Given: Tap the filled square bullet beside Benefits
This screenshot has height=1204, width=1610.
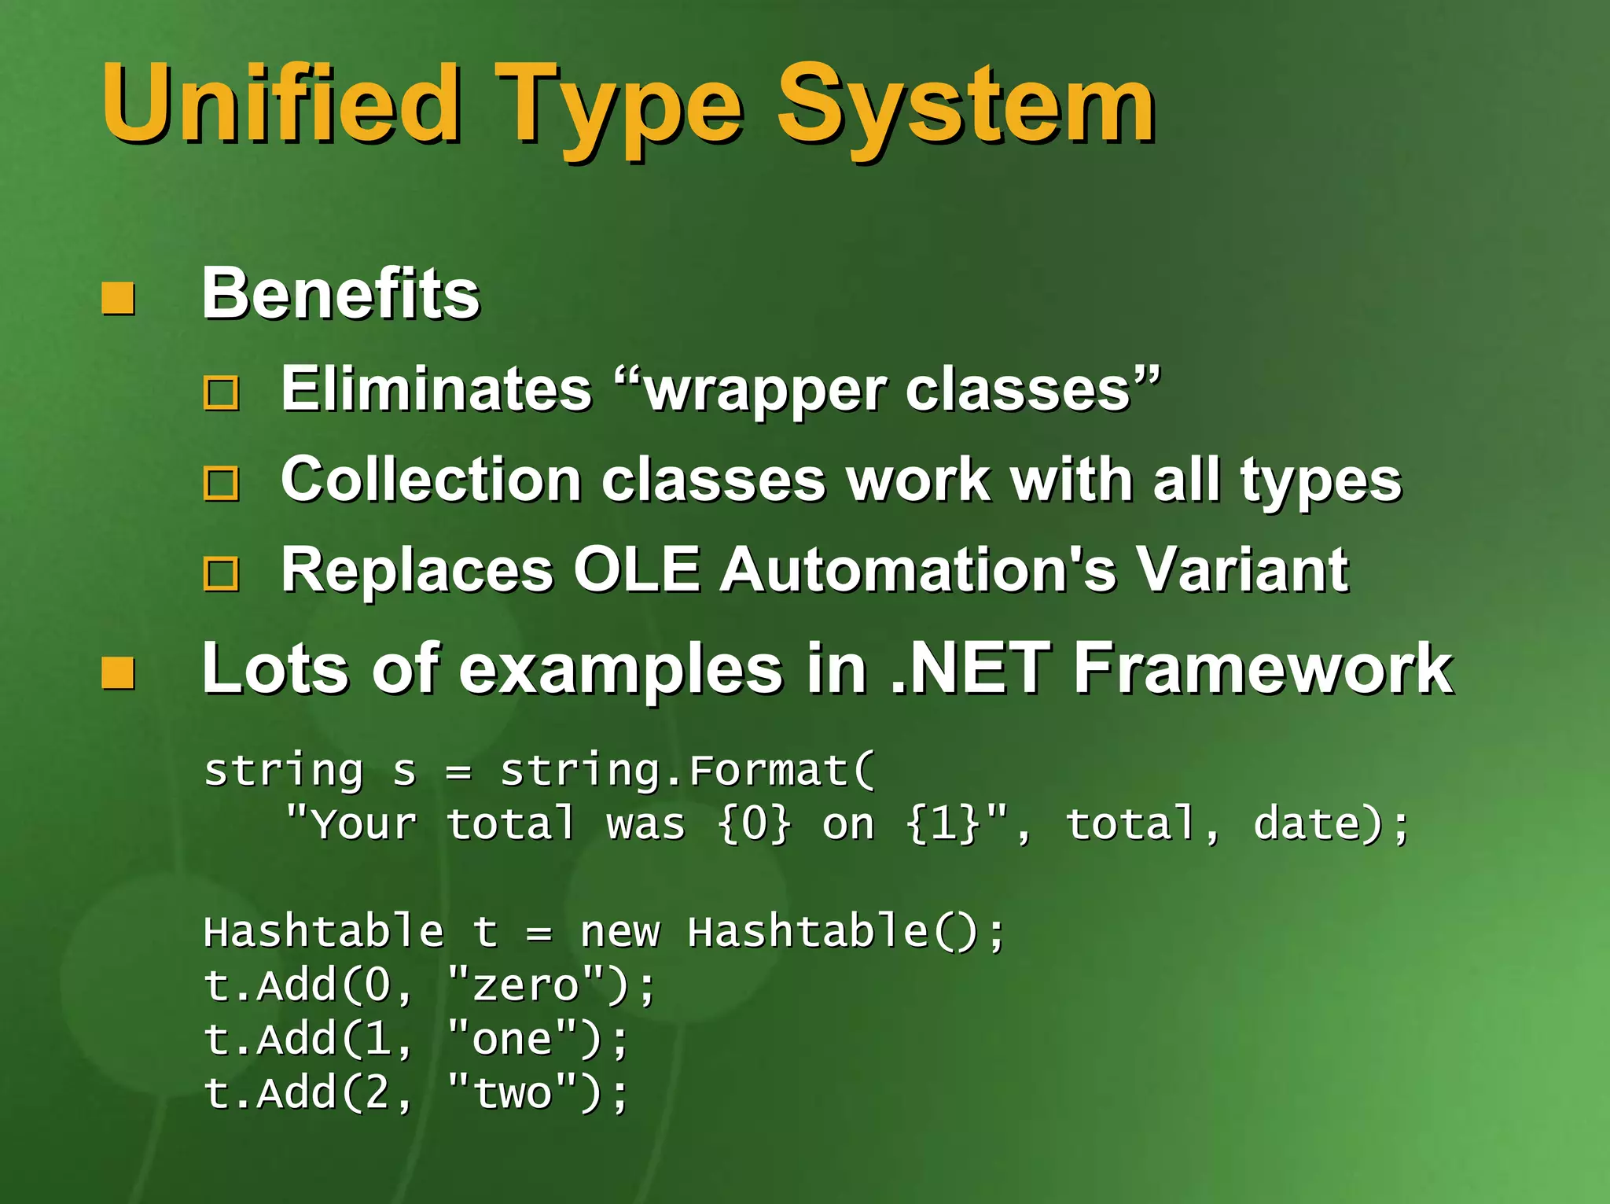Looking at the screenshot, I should click(x=118, y=298).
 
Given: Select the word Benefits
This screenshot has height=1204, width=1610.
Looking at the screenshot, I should click(x=340, y=293).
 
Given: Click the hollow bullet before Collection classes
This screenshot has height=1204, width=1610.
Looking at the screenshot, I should click(x=222, y=483).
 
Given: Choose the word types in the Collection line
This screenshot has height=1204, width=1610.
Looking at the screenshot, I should click(x=1321, y=481).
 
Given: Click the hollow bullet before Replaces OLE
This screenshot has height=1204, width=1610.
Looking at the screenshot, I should click(x=222, y=573).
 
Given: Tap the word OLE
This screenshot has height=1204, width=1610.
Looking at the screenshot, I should click(x=637, y=569).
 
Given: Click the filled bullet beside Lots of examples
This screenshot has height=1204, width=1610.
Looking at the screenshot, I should click(x=118, y=672).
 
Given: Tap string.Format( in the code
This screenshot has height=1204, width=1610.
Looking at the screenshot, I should click(x=687, y=771).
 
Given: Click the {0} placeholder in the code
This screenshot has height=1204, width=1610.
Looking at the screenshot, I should click(x=753, y=824).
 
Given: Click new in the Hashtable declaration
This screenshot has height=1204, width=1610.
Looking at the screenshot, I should click(x=620, y=932).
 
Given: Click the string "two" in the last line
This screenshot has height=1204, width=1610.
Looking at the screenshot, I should click(x=513, y=1093).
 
